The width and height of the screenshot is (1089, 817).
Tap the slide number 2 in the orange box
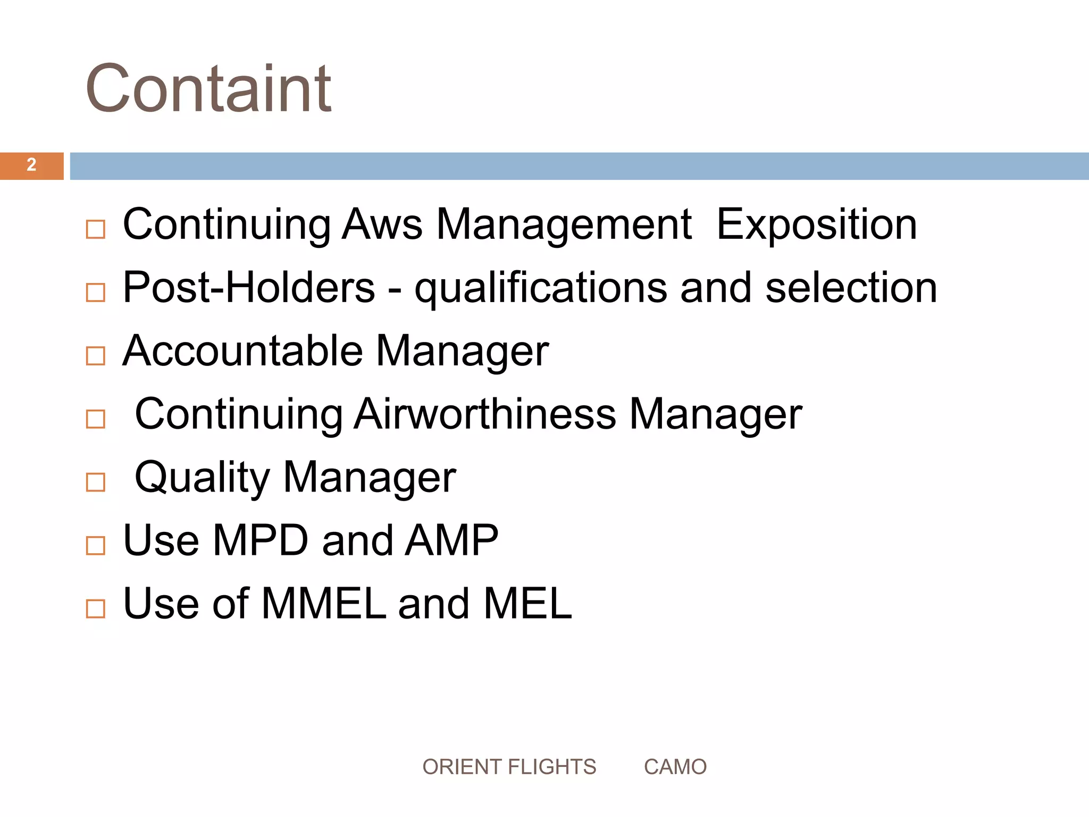click(x=31, y=165)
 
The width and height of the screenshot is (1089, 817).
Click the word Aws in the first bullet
click(x=382, y=224)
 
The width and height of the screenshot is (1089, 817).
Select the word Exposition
click(x=817, y=224)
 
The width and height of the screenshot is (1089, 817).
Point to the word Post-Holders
click(x=249, y=288)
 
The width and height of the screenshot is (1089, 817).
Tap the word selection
click(x=851, y=288)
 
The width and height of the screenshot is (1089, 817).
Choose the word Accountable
click(x=242, y=351)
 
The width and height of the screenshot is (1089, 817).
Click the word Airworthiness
click(x=485, y=414)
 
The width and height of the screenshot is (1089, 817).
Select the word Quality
click(x=202, y=478)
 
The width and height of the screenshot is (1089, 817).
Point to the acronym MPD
click(x=261, y=540)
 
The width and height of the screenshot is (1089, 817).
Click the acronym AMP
click(x=451, y=540)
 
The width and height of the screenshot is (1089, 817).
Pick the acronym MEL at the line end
click(x=527, y=604)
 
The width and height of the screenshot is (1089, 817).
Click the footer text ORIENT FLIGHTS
click(x=509, y=767)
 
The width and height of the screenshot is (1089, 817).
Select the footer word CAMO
click(x=675, y=767)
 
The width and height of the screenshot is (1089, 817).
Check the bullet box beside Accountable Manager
click(x=96, y=356)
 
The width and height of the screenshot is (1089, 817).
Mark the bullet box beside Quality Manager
click(x=96, y=482)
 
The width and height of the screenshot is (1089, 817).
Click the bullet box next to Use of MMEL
click(x=96, y=608)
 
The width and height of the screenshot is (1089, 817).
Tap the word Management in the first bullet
click(x=564, y=224)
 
